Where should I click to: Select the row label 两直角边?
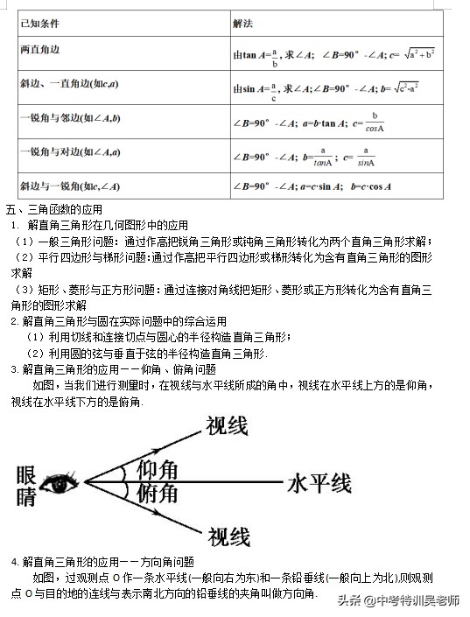pos(37,49)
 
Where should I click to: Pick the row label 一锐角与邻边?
pos(68,117)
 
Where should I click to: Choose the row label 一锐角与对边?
pos(68,151)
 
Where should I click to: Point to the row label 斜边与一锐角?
pos(68,186)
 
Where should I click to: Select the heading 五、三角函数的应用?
pos(54,210)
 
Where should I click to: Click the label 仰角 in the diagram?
pos(158,470)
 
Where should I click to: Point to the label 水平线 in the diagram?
pos(319,483)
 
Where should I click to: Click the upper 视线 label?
pos(227,426)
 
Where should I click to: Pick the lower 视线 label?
pos(228,536)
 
